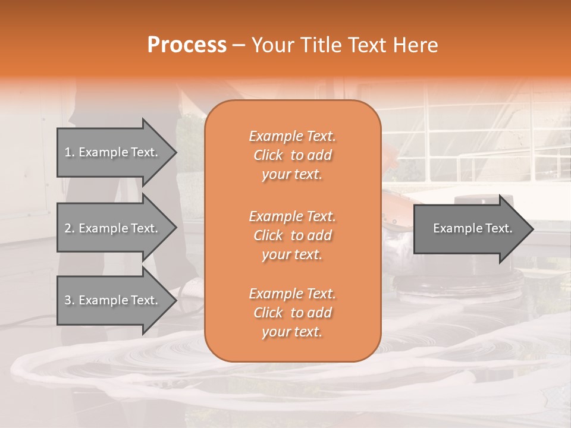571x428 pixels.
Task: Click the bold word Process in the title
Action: [x=187, y=45]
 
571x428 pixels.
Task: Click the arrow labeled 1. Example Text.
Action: [x=113, y=152]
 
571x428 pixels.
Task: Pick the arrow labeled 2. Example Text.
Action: [x=113, y=228]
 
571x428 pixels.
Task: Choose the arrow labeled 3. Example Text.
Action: [x=113, y=300]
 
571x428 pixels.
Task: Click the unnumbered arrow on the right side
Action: [x=470, y=228]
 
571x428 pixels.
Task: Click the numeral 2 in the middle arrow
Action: [x=68, y=228]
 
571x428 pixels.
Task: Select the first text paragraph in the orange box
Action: [x=292, y=155]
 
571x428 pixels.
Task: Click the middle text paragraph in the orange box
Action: [x=292, y=235]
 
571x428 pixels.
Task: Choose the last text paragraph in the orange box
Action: [x=292, y=313]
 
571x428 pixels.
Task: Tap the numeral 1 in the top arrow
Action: [x=68, y=152]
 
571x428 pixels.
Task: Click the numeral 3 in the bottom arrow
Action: [x=68, y=300]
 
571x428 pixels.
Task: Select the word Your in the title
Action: [x=271, y=45]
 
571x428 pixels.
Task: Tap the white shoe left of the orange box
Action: [x=192, y=288]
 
